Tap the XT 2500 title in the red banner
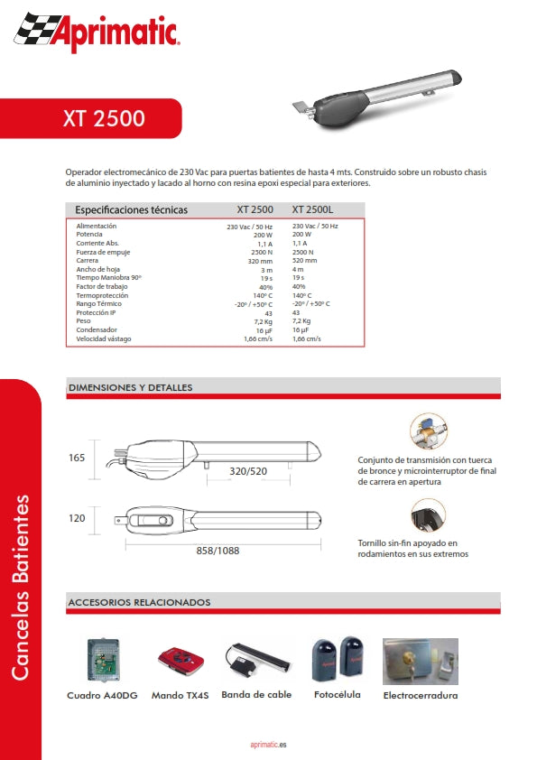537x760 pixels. [104, 118]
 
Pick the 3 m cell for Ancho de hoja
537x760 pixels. [266, 269]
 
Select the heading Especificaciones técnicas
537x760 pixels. [132, 209]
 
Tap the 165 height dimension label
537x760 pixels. [77, 458]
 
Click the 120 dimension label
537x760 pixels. [77, 518]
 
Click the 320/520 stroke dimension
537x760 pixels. [249, 471]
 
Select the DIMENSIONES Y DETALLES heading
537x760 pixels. [130, 387]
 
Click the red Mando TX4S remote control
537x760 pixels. [180, 661]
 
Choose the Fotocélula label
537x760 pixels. [338, 695]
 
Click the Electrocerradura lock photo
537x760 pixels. [420, 661]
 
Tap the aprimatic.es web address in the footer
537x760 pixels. [268, 745]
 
